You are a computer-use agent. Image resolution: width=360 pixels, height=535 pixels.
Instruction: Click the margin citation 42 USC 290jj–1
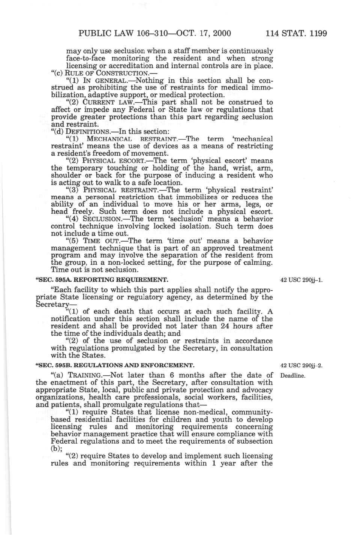(301, 280)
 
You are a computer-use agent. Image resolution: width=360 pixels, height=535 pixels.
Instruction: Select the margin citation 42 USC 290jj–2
(301, 365)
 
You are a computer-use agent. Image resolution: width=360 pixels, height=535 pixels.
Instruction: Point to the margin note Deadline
(292, 376)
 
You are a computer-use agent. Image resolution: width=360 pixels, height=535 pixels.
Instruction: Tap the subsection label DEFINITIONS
(88, 132)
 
